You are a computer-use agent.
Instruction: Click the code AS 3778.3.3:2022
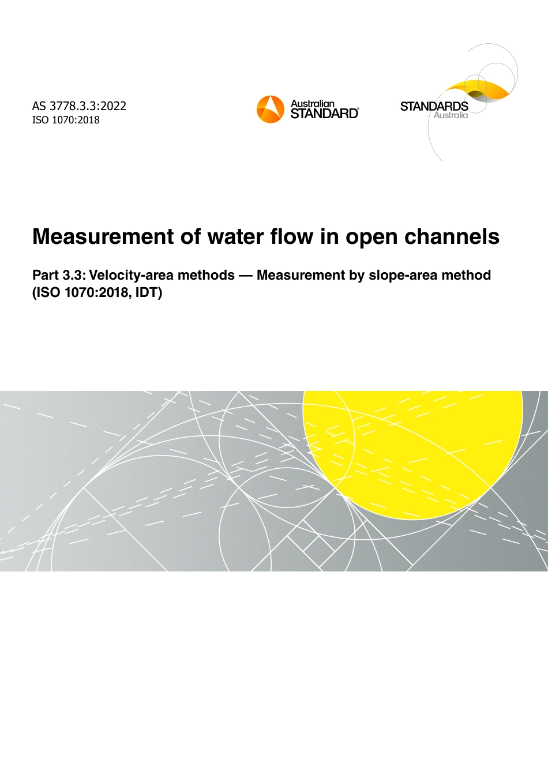(79, 106)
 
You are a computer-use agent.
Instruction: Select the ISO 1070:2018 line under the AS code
(66, 120)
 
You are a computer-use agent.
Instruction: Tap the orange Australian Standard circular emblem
(271, 110)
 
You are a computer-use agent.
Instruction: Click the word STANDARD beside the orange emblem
(324, 114)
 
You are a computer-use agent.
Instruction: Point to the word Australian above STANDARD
(312, 104)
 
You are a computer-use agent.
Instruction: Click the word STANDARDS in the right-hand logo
(434, 106)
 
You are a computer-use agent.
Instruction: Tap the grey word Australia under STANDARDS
(451, 115)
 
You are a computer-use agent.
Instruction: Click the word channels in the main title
(452, 236)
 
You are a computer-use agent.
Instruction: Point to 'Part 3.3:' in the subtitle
(59, 275)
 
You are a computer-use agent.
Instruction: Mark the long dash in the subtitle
(246, 275)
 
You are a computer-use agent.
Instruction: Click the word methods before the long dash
(208, 275)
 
